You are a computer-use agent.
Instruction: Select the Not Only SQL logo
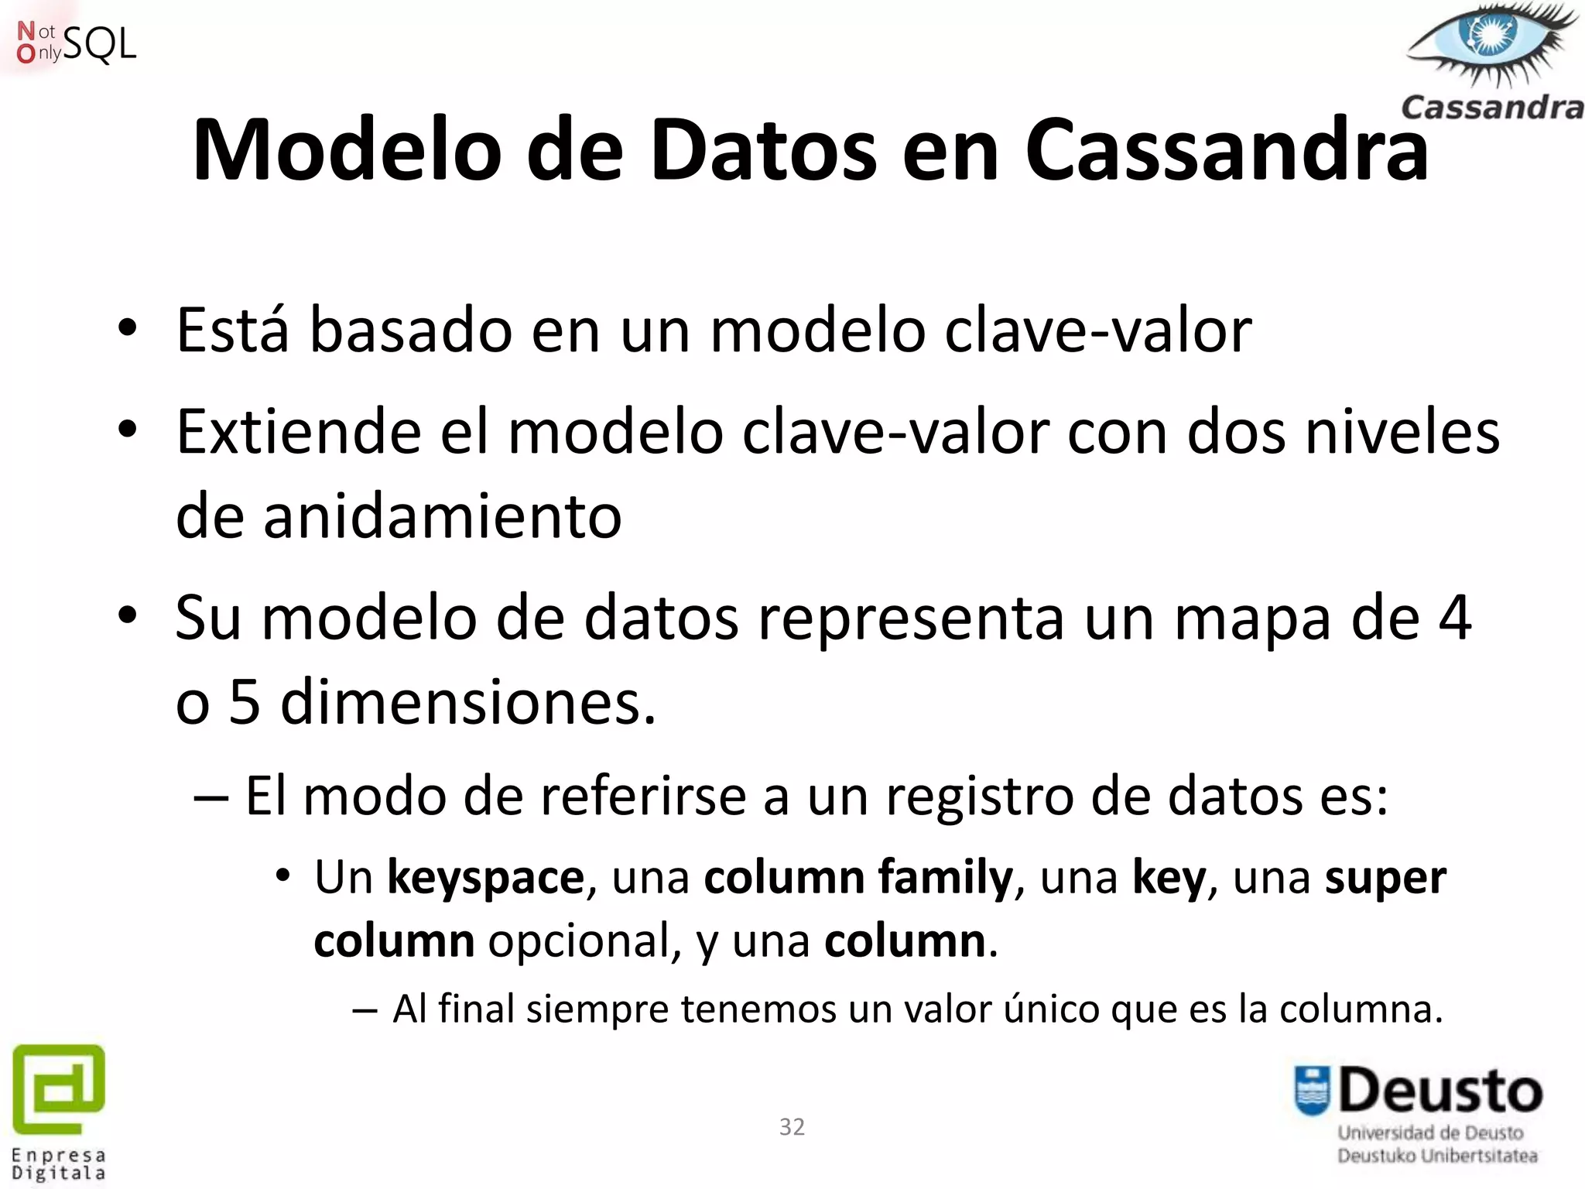point(76,43)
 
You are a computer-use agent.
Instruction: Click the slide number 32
point(792,1126)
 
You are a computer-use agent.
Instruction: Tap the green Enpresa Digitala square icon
point(59,1088)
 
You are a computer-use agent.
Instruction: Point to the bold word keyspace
point(485,878)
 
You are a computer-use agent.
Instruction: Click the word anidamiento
point(442,516)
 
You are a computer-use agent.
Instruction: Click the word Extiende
point(299,432)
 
